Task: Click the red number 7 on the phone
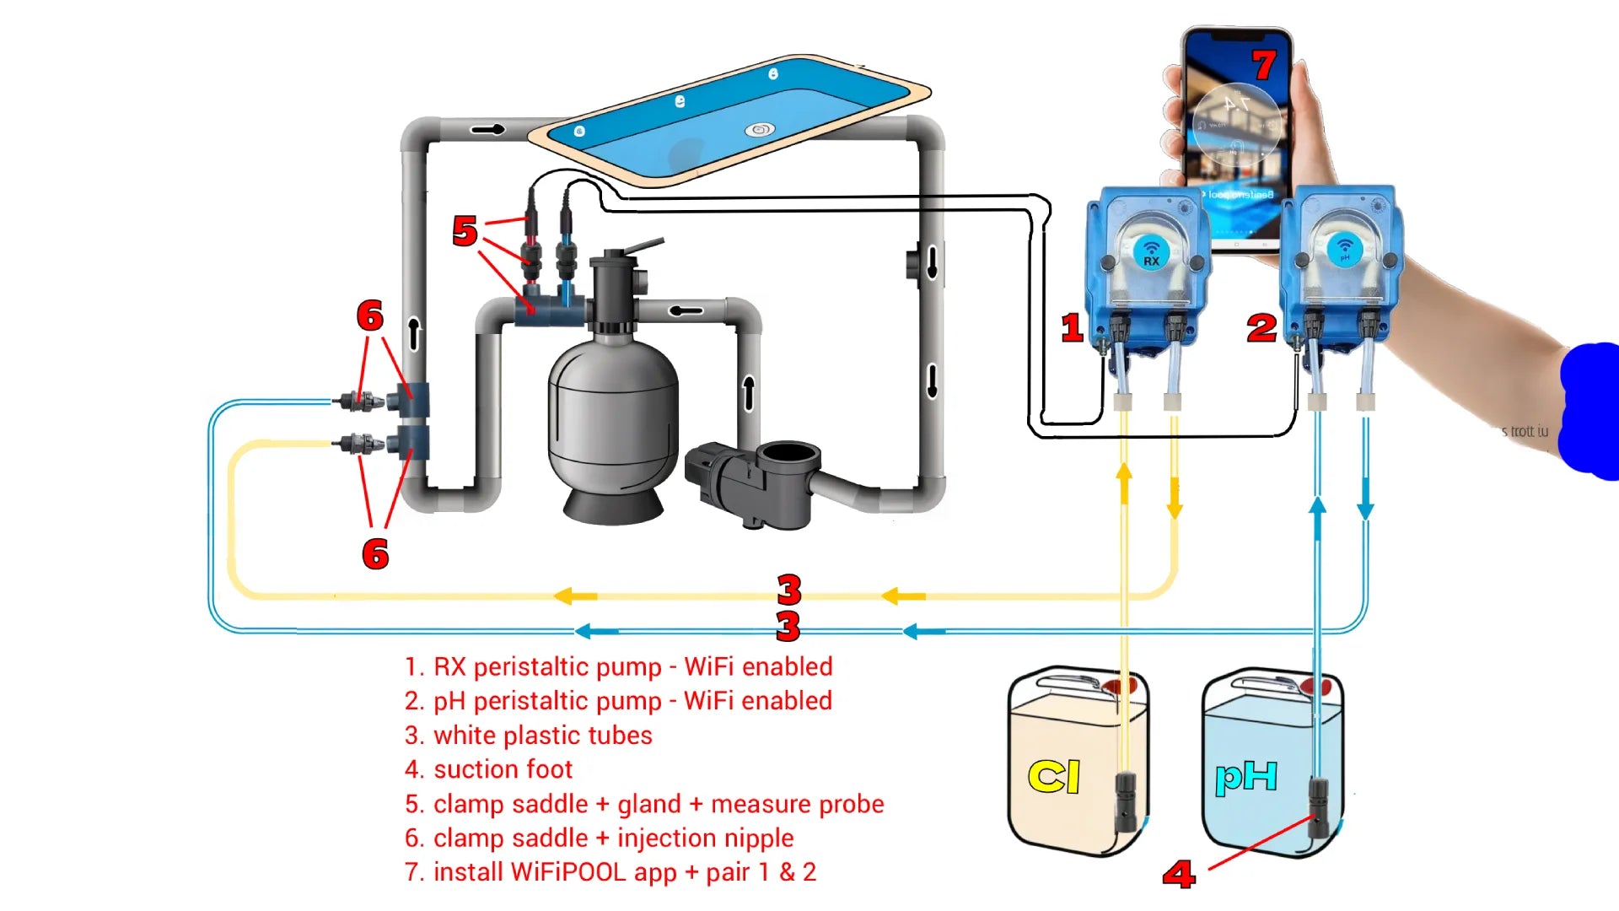click(1263, 65)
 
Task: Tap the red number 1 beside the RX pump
click(1072, 327)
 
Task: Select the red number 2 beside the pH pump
click(1261, 327)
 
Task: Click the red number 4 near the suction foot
click(1179, 874)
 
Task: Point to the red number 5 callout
click(465, 231)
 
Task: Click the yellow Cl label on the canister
click(1054, 776)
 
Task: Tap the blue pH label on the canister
click(1246, 776)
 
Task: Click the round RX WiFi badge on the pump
click(1151, 251)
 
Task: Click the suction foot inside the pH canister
click(1317, 806)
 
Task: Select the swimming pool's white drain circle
click(759, 130)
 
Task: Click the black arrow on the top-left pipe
click(487, 129)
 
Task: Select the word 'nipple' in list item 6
click(752, 838)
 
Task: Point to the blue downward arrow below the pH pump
click(1365, 508)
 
